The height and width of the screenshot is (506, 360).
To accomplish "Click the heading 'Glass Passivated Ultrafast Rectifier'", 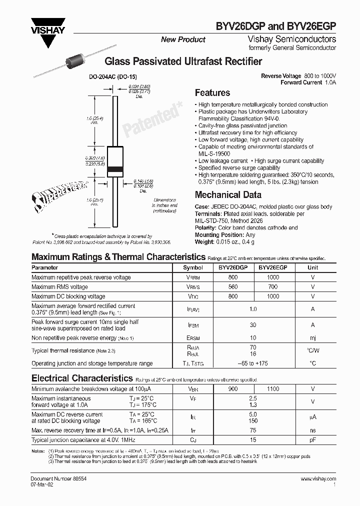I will [182, 61].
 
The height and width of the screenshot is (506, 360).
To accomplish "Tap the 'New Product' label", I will [183, 39].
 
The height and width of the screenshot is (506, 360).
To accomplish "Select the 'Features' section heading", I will [212, 93].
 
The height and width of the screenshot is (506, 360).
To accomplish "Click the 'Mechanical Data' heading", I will [228, 195].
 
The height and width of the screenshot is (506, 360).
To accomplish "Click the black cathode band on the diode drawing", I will [115, 168].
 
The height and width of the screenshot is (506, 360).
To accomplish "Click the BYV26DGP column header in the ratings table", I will [233, 267].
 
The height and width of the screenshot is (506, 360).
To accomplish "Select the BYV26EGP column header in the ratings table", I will [273, 267].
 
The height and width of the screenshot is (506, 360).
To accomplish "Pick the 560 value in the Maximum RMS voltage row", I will [233, 287].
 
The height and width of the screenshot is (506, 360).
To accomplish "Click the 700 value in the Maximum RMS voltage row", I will [273, 287].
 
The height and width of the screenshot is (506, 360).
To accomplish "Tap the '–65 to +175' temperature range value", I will [253, 363].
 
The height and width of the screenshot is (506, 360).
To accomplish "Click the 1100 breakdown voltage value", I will [273, 388].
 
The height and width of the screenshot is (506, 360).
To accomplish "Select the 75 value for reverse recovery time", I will [253, 430].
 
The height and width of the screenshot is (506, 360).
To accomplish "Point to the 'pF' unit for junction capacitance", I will [313, 439].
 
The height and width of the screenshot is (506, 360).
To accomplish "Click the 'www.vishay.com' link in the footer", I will [318, 479].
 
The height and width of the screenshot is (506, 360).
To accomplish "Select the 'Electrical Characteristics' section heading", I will [82, 378].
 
